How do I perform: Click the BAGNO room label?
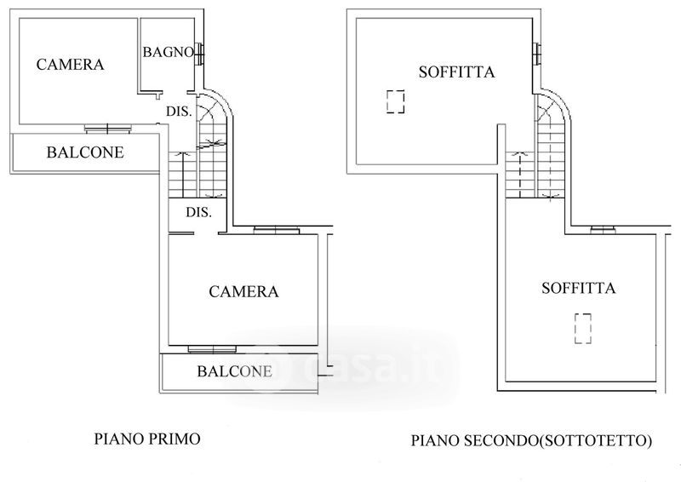[x=168, y=52]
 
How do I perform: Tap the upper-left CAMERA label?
[x=71, y=65]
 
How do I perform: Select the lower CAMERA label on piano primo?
[x=243, y=291]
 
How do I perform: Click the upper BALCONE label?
[x=86, y=152]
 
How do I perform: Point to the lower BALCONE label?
[x=235, y=371]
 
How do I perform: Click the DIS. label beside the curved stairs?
[x=179, y=112]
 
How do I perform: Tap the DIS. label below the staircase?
[x=199, y=212]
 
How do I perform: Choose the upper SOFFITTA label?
[x=457, y=72]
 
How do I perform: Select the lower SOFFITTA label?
[x=579, y=288]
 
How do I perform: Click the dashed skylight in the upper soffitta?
[x=395, y=101]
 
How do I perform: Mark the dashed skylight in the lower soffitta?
[x=583, y=329]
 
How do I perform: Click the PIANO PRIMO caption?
[x=147, y=439]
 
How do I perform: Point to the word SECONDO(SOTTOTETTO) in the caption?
[x=558, y=441]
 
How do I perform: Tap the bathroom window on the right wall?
[x=199, y=55]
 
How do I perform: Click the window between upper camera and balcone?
[x=108, y=129]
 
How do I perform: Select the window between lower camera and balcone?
[x=212, y=348]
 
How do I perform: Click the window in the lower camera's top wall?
[x=276, y=230]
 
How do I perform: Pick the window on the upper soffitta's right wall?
[x=537, y=55]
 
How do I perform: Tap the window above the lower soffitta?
[x=604, y=230]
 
